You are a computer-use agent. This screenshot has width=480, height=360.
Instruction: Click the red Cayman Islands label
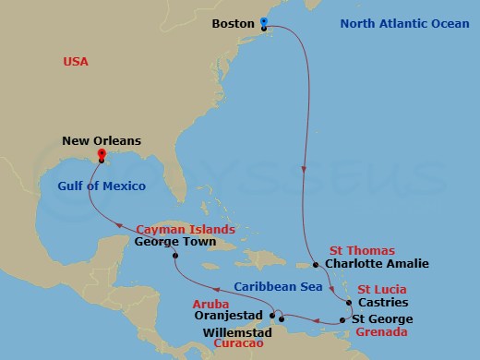[184, 229]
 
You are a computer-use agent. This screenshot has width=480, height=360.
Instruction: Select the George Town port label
[174, 243]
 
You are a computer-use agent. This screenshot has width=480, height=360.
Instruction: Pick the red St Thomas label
[361, 250]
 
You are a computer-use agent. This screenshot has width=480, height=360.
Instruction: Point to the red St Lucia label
[379, 288]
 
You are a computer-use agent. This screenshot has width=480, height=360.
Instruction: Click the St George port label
[380, 319]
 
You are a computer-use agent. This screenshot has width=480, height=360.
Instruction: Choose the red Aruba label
[209, 302]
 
